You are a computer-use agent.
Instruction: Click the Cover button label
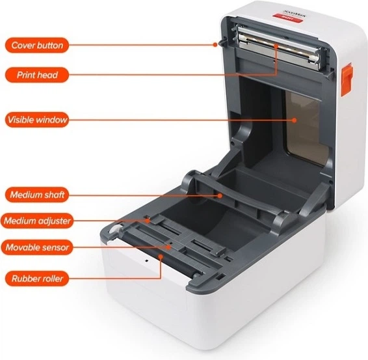click(37, 45)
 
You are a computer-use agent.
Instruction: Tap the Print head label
click(37, 75)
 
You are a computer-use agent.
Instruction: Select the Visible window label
click(37, 120)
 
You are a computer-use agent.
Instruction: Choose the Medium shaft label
click(37, 195)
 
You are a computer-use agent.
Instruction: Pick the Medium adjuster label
click(37, 221)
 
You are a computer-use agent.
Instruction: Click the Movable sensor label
click(37, 247)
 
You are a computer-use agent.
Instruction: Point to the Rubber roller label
click(37, 279)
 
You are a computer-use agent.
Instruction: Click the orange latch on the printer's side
click(347, 79)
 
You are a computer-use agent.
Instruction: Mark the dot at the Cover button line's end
click(215, 44)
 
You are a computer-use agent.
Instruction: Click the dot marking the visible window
click(295, 120)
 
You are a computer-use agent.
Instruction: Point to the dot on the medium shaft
click(220, 195)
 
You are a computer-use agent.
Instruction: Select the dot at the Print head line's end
click(276, 46)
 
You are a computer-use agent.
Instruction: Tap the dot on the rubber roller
click(161, 256)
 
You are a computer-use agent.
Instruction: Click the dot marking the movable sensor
click(168, 247)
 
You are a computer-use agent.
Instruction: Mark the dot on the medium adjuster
click(148, 221)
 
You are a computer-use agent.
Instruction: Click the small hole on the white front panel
click(147, 260)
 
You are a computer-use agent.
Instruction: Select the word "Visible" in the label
click(21, 120)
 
